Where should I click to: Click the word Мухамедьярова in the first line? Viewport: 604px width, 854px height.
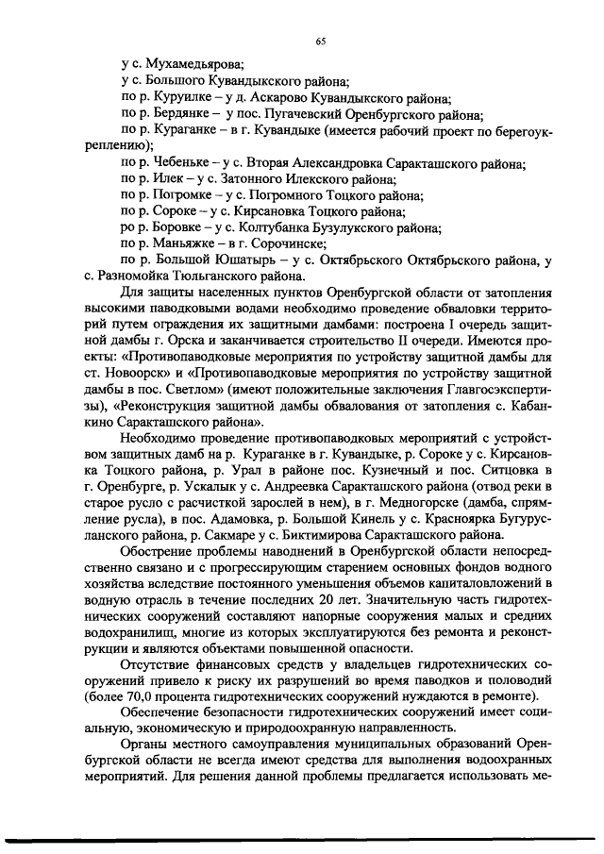pos(193,65)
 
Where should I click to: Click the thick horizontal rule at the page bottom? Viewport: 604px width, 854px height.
pos(302,839)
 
